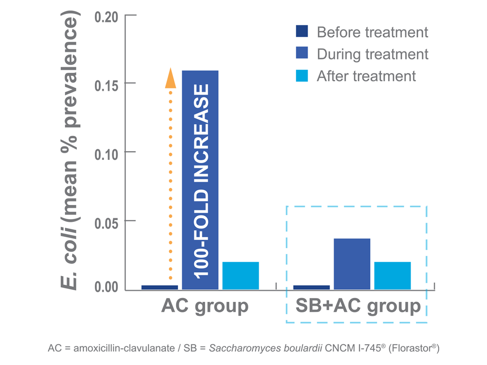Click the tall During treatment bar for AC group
click(200, 178)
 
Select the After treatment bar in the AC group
click(240, 275)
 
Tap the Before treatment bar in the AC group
click(159, 287)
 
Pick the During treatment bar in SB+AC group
click(352, 264)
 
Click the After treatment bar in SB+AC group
click(392, 275)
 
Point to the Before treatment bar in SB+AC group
click(312, 287)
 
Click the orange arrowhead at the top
click(170, 78)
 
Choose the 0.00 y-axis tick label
click(106, 288)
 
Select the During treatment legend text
click(372, 54)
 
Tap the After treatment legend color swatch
click(302, 75)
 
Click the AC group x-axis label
click(205, 306)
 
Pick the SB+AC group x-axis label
click(358, 306)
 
